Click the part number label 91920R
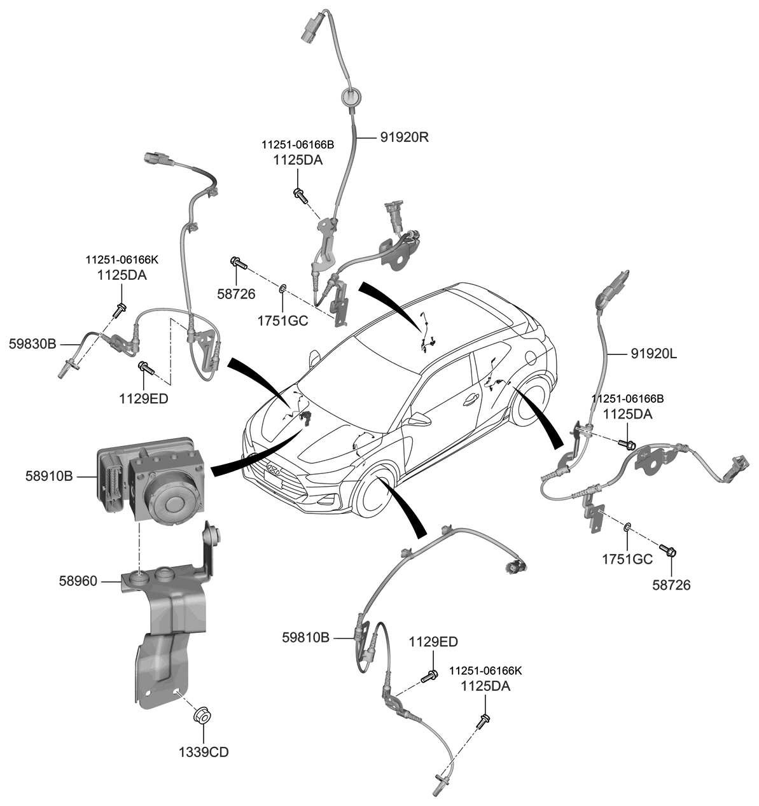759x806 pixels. pos(405,137)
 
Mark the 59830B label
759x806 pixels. pos(32,344)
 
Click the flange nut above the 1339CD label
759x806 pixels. pos(202,715)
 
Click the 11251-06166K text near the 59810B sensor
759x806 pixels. pos(485,671)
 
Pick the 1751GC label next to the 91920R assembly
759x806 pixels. pos(282,321)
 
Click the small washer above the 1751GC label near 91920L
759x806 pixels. pos(627,527)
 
